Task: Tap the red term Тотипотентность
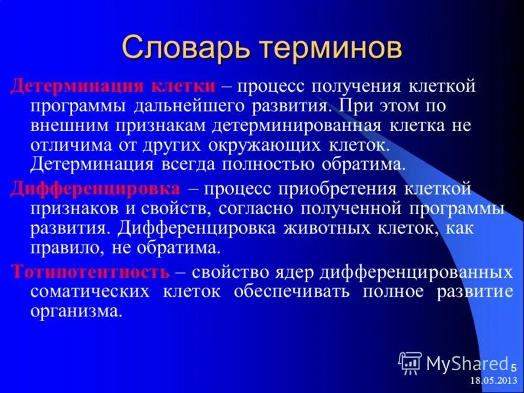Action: tap(90, 272)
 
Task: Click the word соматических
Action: tap(86, 291)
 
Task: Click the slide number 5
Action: tap(514, 368)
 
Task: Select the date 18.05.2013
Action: tap(493, 380)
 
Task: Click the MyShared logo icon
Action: tap(410, 363)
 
